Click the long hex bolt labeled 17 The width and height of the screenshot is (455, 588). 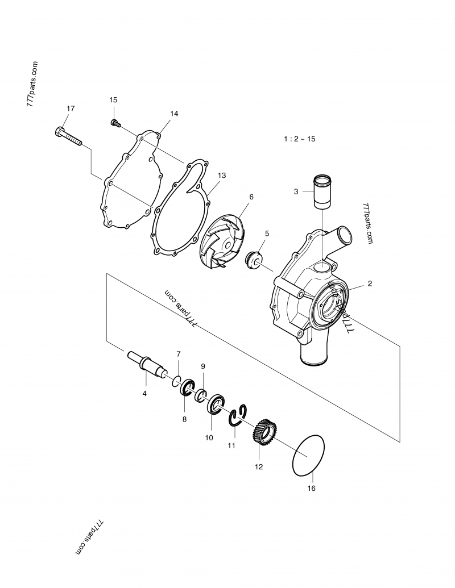point(68,137)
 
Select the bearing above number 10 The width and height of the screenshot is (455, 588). point(215,404)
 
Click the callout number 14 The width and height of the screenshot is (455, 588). point(174,113)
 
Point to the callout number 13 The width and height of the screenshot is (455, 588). point(221,175)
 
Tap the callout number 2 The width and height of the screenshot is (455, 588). point(370,283)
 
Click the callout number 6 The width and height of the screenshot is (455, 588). point(251,197)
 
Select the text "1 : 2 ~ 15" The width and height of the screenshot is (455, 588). point(299,139)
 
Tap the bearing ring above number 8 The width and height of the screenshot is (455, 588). point(188,387)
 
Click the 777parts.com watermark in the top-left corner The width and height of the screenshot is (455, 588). point(32,85)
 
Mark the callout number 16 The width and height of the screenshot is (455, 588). point(311,488)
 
